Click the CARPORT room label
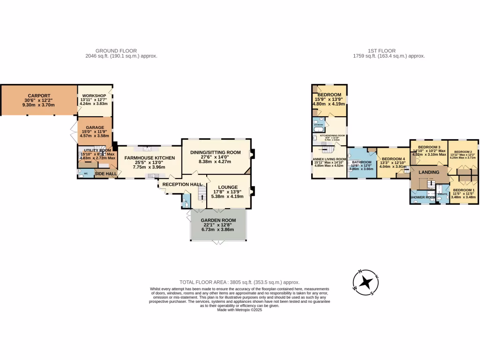point(39,96)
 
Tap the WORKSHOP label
point(94,96)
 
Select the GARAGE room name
point(95,127)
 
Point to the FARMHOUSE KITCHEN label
point(149,158)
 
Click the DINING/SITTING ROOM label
point(215,152)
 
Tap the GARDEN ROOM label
point(217,220)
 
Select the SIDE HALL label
point(106,174)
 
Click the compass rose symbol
point(366,283)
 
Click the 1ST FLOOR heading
point(382,51)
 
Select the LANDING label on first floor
point(429,172)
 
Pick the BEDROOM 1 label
point(463,190)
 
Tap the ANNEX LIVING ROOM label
point(330,159)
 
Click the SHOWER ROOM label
point(423,197)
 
